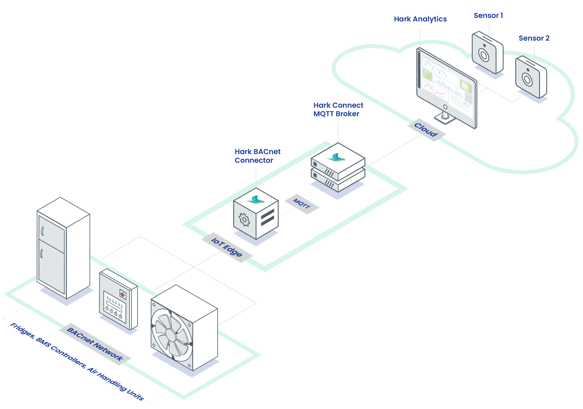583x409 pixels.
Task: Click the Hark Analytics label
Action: [420, 19]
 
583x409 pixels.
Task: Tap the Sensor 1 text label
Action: [488, 16]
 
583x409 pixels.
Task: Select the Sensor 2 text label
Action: [534, 38]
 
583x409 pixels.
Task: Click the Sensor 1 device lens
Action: [484, 55]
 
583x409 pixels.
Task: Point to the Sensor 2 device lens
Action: [527, 79]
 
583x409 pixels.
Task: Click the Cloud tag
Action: [426, 130]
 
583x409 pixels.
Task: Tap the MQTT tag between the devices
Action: [302, 204]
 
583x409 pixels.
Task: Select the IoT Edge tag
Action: [227, 247]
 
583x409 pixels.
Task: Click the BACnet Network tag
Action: [95, 344]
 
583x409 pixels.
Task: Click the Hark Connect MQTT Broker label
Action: [338, 109]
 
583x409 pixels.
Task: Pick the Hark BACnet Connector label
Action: [257, 156]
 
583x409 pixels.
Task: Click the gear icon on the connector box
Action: [244, 219]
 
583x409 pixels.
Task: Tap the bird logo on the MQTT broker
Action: [336, 157]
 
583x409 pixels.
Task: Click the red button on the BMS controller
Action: [122, 295]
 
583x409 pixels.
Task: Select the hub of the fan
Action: [171, 335]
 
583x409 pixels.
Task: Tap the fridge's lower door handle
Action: [42, 253]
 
